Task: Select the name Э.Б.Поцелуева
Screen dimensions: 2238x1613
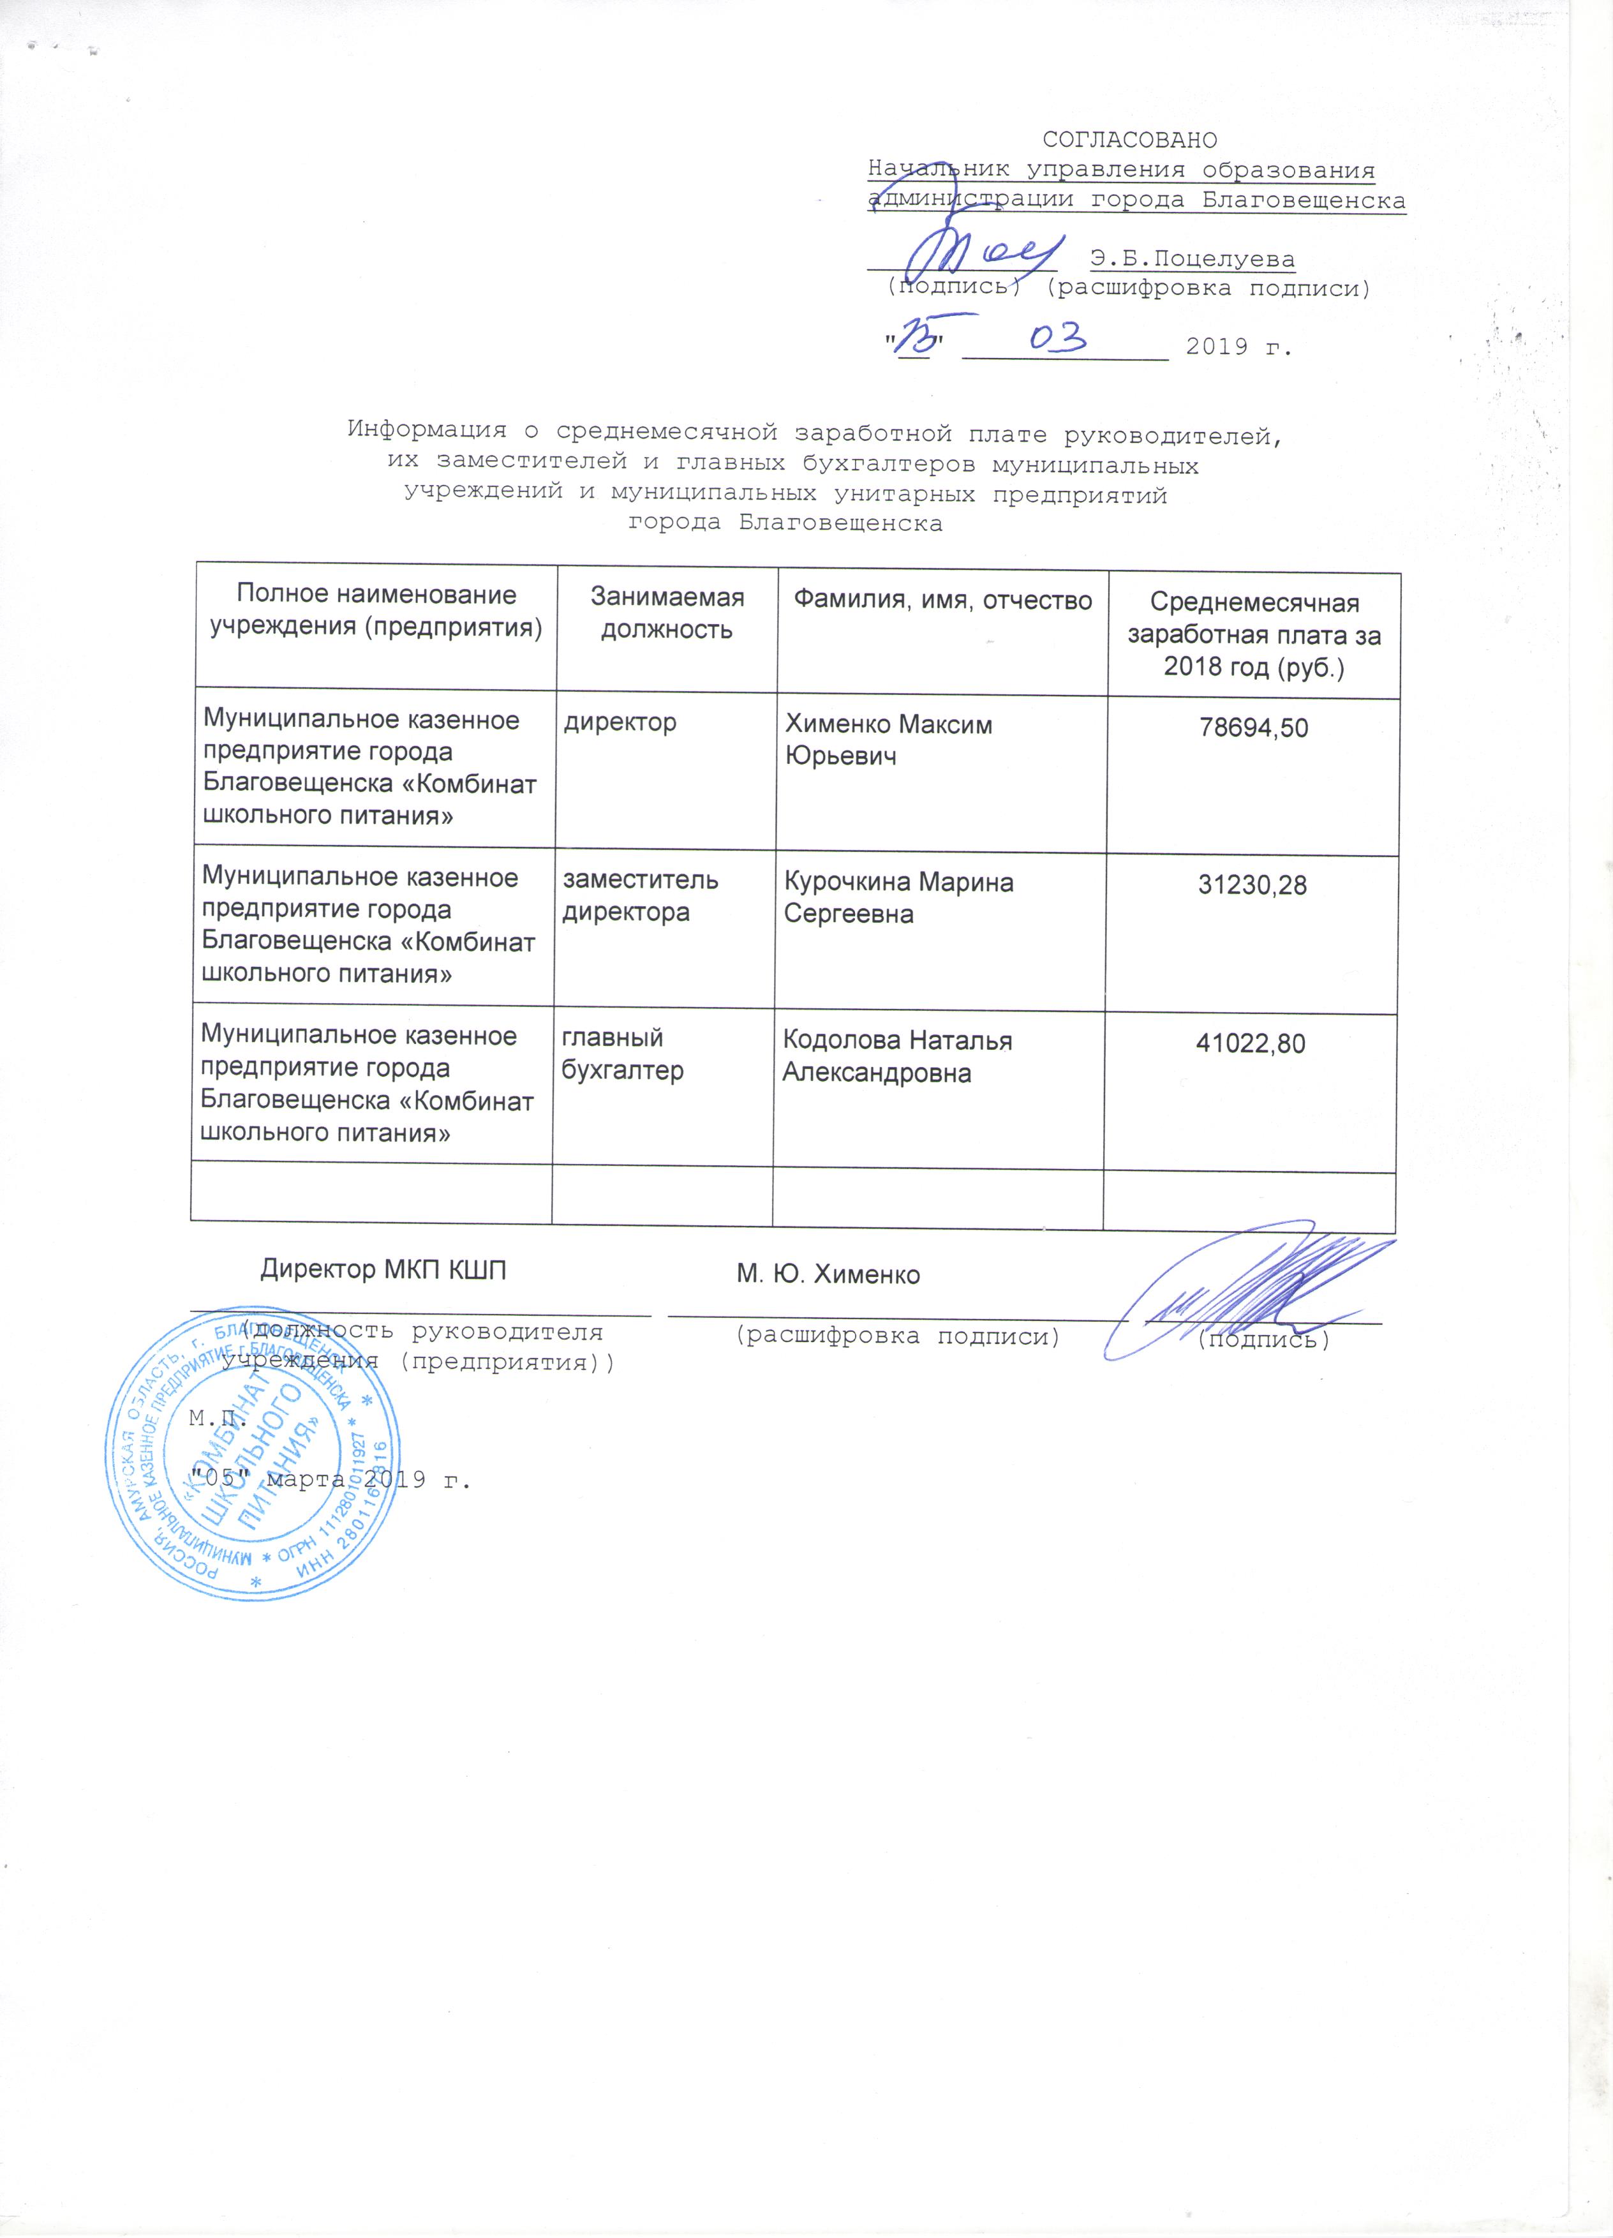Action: tap(1193, 260)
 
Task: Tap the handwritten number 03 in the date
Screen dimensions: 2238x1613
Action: tap(1058, 338)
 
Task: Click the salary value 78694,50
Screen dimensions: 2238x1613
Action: tap(1253, 728)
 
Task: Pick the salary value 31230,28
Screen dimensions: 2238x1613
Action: tap(1252, 885)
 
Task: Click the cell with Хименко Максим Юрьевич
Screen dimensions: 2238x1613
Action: tap(888, 740)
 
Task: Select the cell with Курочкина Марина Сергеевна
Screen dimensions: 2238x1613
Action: tap(898, 898)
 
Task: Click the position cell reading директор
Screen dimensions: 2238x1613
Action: tap(620, 722)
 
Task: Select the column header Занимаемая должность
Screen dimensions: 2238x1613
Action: tap(667, 613)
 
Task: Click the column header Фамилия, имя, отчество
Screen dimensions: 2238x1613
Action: tap(943, 600)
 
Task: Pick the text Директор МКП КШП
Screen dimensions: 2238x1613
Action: tap(383, 1270)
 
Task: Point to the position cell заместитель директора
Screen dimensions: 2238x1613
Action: tap(640, 896)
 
